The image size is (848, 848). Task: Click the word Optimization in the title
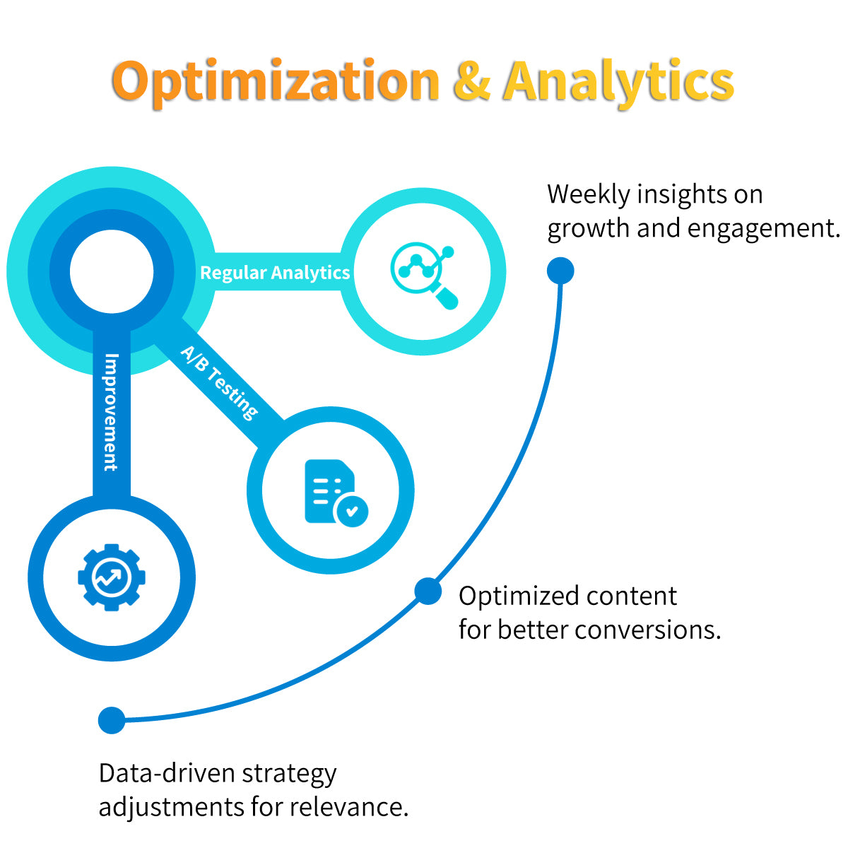tap(276, 81)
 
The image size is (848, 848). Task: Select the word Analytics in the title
tap(619, 81)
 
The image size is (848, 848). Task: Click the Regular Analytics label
tap(275, 273)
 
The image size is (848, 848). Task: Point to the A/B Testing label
tap(220, 382)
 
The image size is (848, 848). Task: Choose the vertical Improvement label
tap(111, 412)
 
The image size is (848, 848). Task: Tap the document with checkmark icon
tap(335, 493)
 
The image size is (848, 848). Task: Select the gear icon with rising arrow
tap(111, 577)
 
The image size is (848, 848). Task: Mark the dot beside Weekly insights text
tap(560, 271)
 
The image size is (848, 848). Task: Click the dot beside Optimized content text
tap(428, 591)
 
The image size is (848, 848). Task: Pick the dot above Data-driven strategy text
tap(112, 720)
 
